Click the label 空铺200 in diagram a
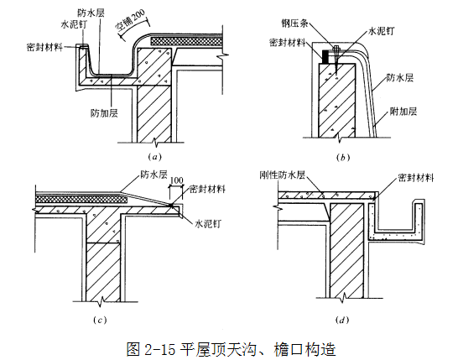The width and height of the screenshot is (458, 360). pyautogui.click(x=131, y=21)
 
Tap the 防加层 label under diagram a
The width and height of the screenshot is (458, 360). pyautogui.click(x=104, y=112)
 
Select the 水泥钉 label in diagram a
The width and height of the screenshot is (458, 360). pyautogui.click(x=74, y=24)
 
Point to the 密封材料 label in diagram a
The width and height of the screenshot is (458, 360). pyautogui.click(x=44, y=47)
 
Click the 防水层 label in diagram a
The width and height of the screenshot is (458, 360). pyautogui.click(x=91, y=13)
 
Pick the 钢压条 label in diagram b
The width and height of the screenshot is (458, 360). pyautogui.click(x=294, y=23)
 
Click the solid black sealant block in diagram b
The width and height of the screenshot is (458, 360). pyautogui.click(x=325, y=57)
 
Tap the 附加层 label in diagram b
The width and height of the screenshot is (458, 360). pyautogui.click(x=403, y=111)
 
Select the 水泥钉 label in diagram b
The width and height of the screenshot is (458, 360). pyautogui.click(x=381, y=31)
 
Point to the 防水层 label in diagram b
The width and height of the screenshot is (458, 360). pyautogui.click(x=400, y=77)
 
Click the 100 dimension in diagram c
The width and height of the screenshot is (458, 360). pyautogui.click(x=176, y=180)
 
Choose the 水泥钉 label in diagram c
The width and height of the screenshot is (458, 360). pyautogui.click(x=208, y=224)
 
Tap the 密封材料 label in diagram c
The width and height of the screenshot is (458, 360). pyautogui.click(x=207, y=189)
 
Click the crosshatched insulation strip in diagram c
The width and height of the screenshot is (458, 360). pyautogui.click(x=81, y=200)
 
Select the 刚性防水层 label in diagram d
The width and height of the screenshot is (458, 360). pyautogui.click(x=283, y=175)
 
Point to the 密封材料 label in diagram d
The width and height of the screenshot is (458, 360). pyautogui.click(x=416, y=177)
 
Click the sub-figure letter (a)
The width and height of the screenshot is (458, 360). pyautogui.click(x=154, y=157)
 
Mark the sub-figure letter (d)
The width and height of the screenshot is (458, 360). pyautogui.click(x=342, y=320)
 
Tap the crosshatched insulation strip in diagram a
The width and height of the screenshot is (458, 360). pyautogui.click(x=187, y=41)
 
